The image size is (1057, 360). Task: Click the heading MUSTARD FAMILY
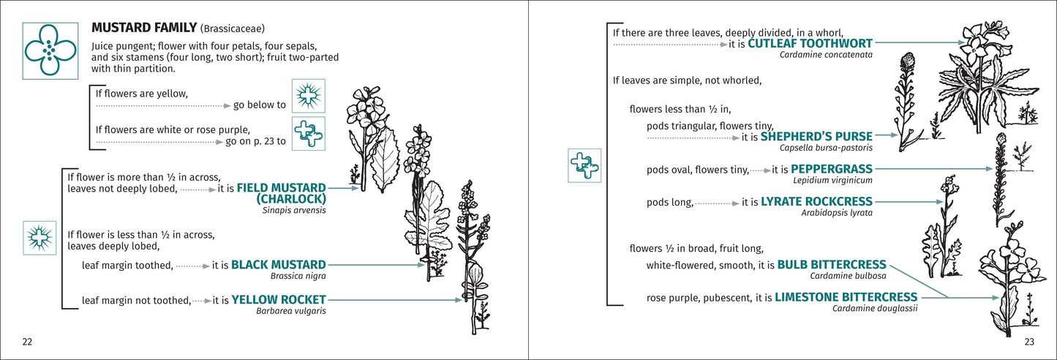tap(144, 28)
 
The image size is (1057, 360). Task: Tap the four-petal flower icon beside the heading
tap(50, 50)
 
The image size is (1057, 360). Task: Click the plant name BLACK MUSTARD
tap(279, 265)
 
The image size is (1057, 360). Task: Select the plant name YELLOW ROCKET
tap(279, 299)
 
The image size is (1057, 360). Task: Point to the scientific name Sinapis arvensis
tap(294, 211)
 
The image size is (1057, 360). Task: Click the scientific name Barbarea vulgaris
tap(290, 311)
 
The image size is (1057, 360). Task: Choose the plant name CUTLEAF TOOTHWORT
tap(810, 43)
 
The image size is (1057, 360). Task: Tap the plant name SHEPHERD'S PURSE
tap(816, 136)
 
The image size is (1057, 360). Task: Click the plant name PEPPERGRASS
tap(832, 169)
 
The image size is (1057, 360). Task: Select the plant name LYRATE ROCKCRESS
tap(817, 201)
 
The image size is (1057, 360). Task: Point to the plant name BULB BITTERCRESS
tap(832, 265)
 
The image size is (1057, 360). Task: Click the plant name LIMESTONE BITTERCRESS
tap(846, 297)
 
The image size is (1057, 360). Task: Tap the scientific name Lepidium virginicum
tap(833, 180)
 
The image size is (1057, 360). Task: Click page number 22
tap(27, 342)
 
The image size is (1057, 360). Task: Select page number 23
tap(1029, 342)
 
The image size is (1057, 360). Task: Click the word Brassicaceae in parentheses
tap(232, 29)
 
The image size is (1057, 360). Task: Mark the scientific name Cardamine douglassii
tap(875, 309)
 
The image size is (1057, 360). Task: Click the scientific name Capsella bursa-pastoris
tap(826, 148)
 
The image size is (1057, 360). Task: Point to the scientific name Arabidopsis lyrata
tap(837, 213)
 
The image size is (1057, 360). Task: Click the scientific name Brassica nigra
tap(298, 276)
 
